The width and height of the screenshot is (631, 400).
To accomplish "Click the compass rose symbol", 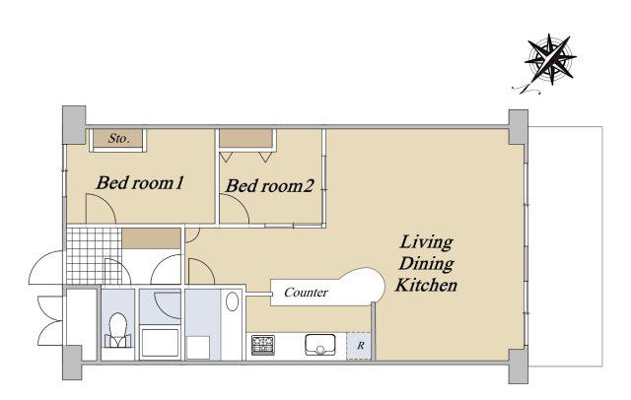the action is [x=550, y=60].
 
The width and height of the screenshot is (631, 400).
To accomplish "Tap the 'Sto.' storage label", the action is [x=118, y=139].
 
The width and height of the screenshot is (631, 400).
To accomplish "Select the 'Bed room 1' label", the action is [x=140, y=183].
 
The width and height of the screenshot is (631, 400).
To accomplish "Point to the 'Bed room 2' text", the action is [x=269, y=186].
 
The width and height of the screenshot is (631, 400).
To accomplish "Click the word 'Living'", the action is [x=427, y=242].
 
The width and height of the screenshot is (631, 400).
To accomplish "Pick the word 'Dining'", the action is [x=427, y=264].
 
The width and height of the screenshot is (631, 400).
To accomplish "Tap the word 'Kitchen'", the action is [x=427, y=285].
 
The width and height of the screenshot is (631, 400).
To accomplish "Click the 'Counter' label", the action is [x=306, y=293].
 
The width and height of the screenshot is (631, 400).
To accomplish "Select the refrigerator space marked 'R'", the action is [x=359, y=346].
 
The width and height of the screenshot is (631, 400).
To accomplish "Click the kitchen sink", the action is [x=319, y=345].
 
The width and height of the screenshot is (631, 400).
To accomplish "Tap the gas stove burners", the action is [x=263, y=346].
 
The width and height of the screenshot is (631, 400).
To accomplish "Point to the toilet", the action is [x=118, y=330].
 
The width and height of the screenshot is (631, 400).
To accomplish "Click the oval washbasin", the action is [x=233, y=301].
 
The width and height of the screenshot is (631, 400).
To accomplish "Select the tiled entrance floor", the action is [x=94, y=256].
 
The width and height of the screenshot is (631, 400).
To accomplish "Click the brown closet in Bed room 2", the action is [x=245, y=139].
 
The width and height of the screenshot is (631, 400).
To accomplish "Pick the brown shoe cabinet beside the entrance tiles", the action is [x=151, y=238].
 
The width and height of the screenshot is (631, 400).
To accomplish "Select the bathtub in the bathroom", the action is [x=160, y=343].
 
